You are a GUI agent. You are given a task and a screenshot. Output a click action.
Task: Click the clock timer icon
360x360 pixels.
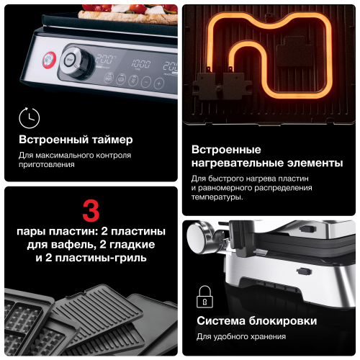30,117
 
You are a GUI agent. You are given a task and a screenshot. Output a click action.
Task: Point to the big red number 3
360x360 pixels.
91,210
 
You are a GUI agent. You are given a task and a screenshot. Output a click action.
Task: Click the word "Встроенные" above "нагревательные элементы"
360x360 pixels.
227,150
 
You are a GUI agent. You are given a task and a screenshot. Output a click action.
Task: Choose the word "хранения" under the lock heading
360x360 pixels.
266,336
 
